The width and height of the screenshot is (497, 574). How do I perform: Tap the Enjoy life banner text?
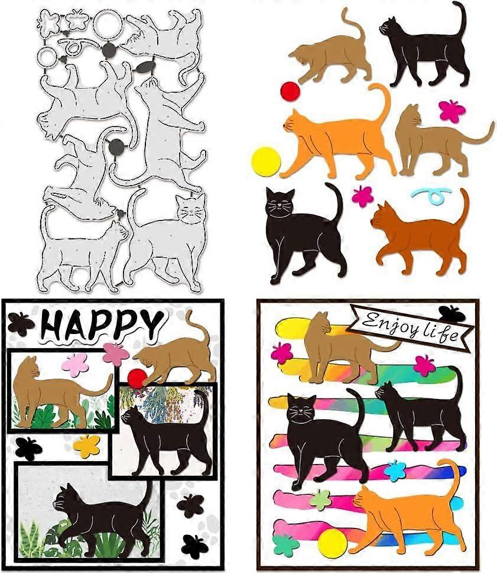tap(409, 328)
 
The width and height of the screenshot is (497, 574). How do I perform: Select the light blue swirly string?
tap(430, 196)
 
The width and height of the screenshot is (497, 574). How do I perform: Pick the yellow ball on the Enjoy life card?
tap(332, 543)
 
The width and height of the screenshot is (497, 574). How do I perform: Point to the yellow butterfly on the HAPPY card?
tap(86, 446)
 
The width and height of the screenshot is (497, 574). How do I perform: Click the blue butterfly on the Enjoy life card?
tap(395, 471)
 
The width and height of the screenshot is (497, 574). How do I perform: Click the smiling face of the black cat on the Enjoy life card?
tap(301, 408)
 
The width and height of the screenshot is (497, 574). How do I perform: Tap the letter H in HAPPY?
tap(51, 325)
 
